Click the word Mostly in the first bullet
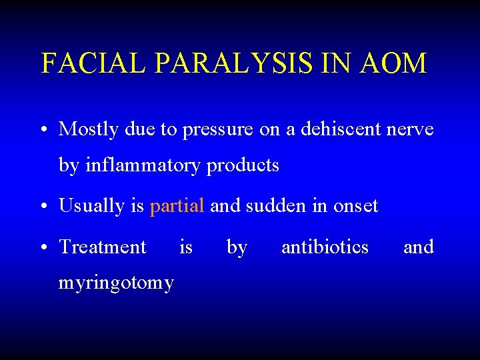click(87, 129)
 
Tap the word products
click(243, 165)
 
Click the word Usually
click(91, 207)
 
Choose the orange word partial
click(177, 207)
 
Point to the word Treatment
click(103, 247)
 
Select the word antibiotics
click(325, 247)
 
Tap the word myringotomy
click(116, 283)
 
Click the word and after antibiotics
click(418, 247)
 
